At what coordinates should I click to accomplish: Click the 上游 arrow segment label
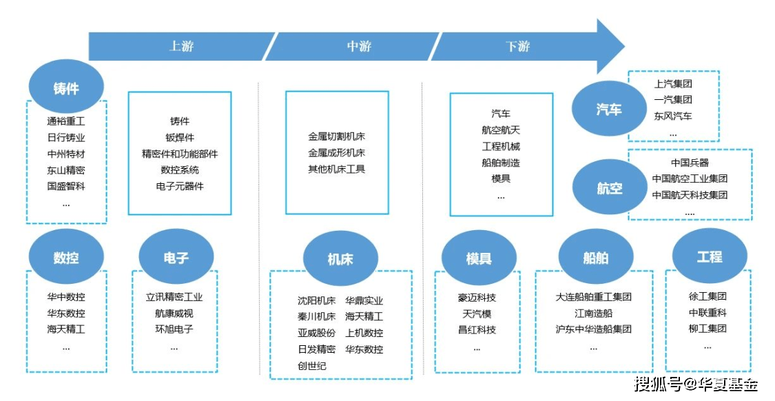[182, 47]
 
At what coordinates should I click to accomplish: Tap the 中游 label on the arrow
[359, 47]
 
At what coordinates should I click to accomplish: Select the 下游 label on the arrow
[517, 47]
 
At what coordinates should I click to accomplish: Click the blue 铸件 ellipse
[66, 88]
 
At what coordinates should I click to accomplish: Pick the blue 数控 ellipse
[66, 258]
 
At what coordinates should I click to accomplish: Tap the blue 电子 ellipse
[176, 258]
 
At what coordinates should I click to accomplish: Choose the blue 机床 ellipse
[340, 259]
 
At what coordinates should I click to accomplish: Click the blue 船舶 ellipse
[596, 258]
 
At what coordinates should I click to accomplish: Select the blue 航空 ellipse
[610, 188]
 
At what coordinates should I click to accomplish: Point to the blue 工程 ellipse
[710, 256]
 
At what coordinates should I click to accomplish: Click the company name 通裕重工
[66, 121]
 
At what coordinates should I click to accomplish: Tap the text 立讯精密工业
[174, 298]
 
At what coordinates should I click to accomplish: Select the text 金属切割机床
[337, 137]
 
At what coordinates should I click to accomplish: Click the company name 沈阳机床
[316, 300]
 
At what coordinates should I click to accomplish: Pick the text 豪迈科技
[477, 298]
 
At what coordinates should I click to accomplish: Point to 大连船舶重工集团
[593, 297]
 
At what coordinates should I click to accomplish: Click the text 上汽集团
[673, 84]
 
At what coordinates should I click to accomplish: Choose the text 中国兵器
[690, 163]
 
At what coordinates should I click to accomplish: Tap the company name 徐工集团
[707, 296]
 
